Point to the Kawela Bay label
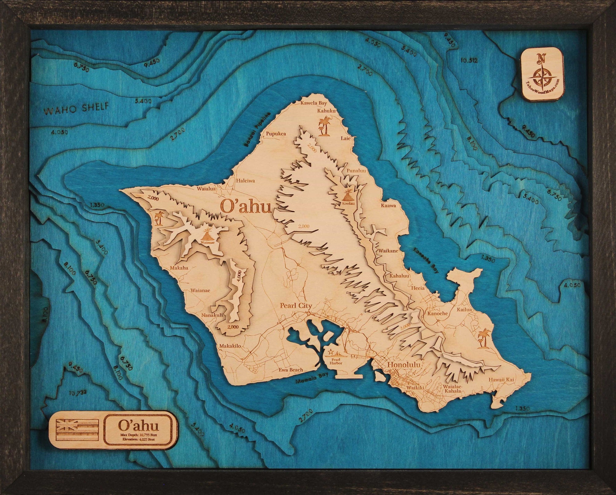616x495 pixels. click(x=314, y=103)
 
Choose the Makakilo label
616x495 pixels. click(x=230, y=346)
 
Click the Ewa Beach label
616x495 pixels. click(x=291, y=370)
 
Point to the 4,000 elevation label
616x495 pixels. click(x=238, y=278)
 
